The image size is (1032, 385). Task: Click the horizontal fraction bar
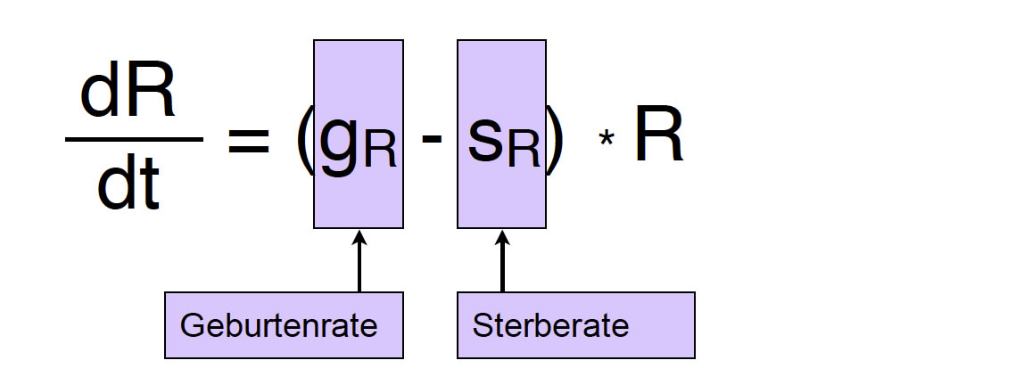[x=134, y=138]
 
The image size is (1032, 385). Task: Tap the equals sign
[x=248, y=141]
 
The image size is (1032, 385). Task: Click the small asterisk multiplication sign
[x=607, y=142]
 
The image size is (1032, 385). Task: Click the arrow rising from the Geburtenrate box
[x=359, y=263]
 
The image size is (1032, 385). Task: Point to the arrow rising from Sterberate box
[x=502, y=263]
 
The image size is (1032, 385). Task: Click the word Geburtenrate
[x=278, y=325]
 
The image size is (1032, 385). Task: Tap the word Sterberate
[x=550, y=325]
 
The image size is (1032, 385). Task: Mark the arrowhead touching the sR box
[x=502, y=238]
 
